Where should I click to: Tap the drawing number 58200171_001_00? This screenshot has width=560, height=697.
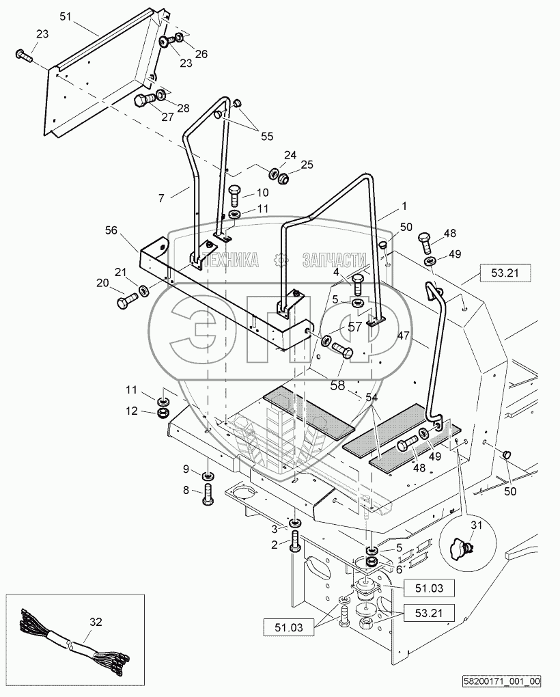pyautogui.click(x=502, y=681)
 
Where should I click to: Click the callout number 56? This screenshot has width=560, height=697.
pyautogui.click(x=111, y=230)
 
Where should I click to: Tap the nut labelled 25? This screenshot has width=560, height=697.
pyautogui.click(x=282, y=178)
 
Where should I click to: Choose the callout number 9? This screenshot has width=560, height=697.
pyautogui.click(x=186, y=469)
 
